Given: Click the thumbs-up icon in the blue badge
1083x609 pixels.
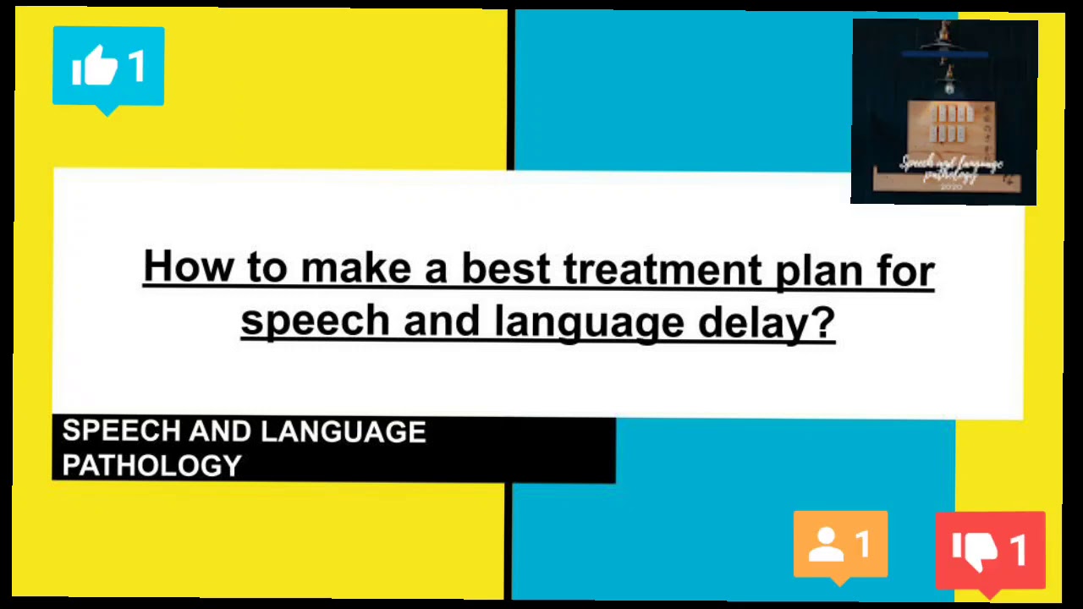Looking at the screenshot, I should coord(94,66).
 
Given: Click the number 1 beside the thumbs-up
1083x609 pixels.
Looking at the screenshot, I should coord(137,66).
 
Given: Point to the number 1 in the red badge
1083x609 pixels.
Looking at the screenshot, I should coord(1018,550).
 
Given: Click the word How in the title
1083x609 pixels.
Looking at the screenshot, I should coord(187,267).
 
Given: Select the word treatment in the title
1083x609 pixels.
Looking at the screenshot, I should coord(662,269).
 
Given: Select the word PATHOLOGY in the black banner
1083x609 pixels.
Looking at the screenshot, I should coord(152,465).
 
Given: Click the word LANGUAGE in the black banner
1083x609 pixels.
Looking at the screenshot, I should coord(344,432).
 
